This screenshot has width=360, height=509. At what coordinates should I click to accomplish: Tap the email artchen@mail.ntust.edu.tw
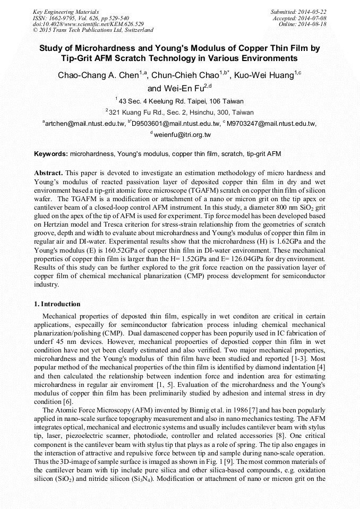click(x=85, y=124)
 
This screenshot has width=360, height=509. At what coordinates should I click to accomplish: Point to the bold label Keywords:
click(x=51, y=154)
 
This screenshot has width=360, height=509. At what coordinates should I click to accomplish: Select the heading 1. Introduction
click(x=57, y=304)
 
